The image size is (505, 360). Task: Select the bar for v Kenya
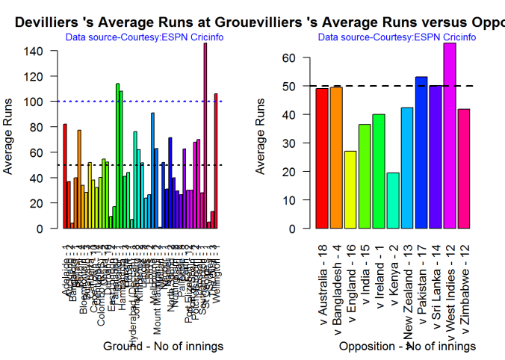(x=393, y=201)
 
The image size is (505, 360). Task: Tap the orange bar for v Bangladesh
(x=336, y=158)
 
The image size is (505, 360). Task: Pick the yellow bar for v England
(x=350, y=190)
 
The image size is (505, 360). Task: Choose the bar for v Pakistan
(x=421, y=152)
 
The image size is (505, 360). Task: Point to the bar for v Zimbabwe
(x=463, y=169)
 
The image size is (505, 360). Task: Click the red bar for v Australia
(x=322, y=158)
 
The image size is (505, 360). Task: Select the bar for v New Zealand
(x=407, y=168)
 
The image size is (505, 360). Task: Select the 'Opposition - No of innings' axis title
(x=407, y=347)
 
